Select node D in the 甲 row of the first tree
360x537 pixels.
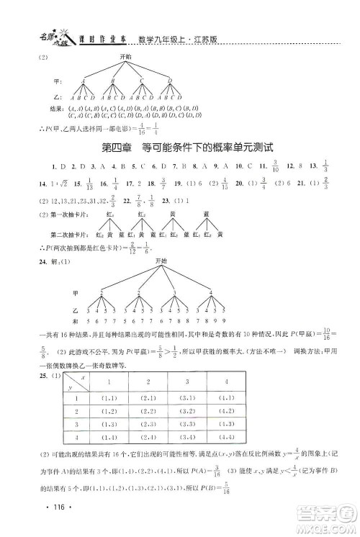point(170,79)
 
